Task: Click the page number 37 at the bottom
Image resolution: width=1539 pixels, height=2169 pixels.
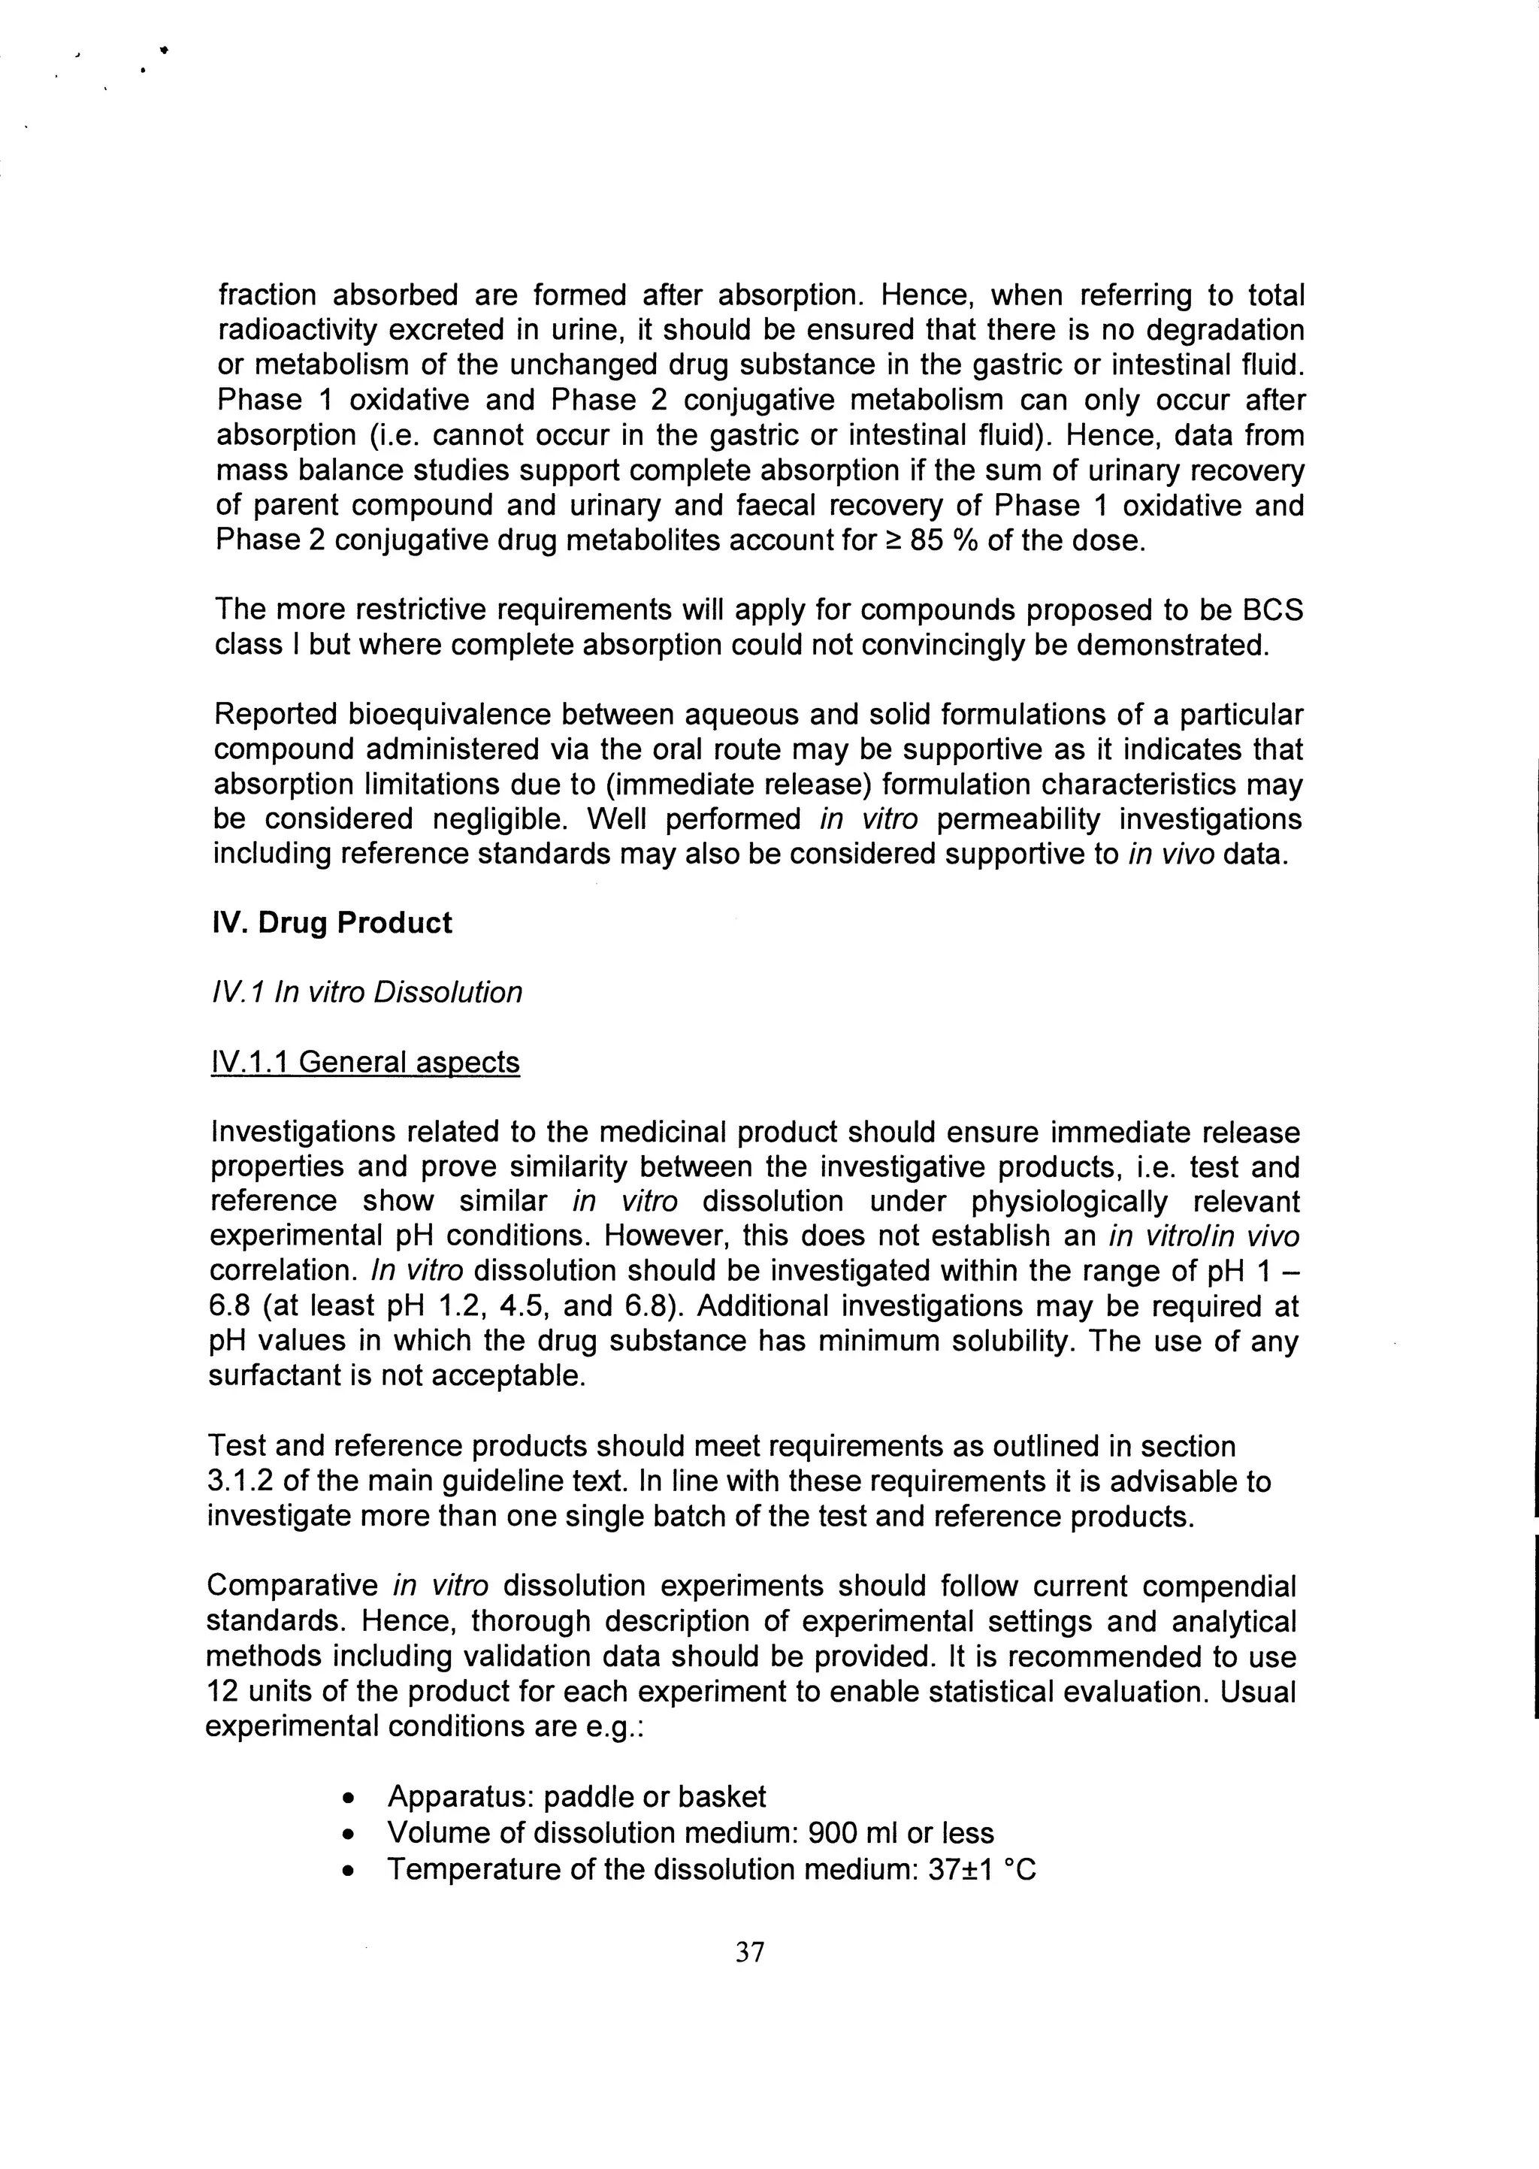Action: pyautogui.click(x=750, y=1952)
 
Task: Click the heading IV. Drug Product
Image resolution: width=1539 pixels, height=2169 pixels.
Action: pyautogui.click(x=333, y=923)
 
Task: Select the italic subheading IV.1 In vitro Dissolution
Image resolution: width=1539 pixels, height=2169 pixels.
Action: pyautogui.click(x=367, y=992)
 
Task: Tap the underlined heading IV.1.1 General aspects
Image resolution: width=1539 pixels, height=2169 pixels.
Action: pyautogui.click(x=365, y=1062)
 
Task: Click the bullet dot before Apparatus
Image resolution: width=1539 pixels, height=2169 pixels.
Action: pyautogui.click(x=351, y=1798)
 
